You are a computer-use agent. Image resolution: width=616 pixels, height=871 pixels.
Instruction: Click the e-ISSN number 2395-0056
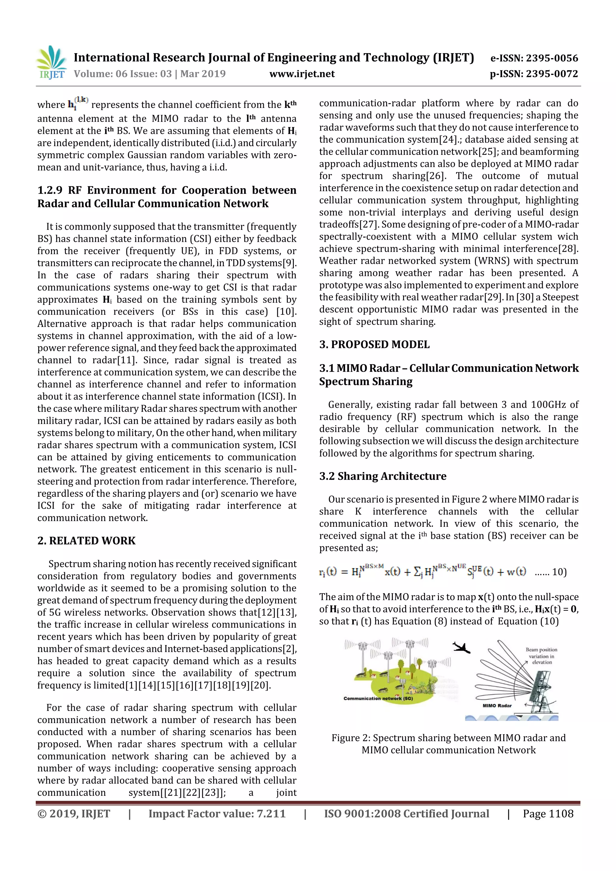(551, 58)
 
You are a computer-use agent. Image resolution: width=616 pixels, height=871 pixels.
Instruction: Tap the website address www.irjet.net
(302, 74)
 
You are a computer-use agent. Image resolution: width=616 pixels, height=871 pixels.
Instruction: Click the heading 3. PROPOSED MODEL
(374, 345)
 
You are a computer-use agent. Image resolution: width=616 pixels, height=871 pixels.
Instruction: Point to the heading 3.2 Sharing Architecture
(383, 476)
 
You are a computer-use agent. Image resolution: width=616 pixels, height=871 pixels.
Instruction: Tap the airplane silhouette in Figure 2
(461, 648)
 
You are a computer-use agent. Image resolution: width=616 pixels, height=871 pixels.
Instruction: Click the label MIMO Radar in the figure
(497, 706)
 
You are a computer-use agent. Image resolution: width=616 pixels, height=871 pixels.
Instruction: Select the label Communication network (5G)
(378, 698)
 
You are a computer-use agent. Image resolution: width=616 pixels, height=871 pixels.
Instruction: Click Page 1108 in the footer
(548, 813)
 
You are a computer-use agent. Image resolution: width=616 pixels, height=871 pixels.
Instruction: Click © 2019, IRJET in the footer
(74, 813)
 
